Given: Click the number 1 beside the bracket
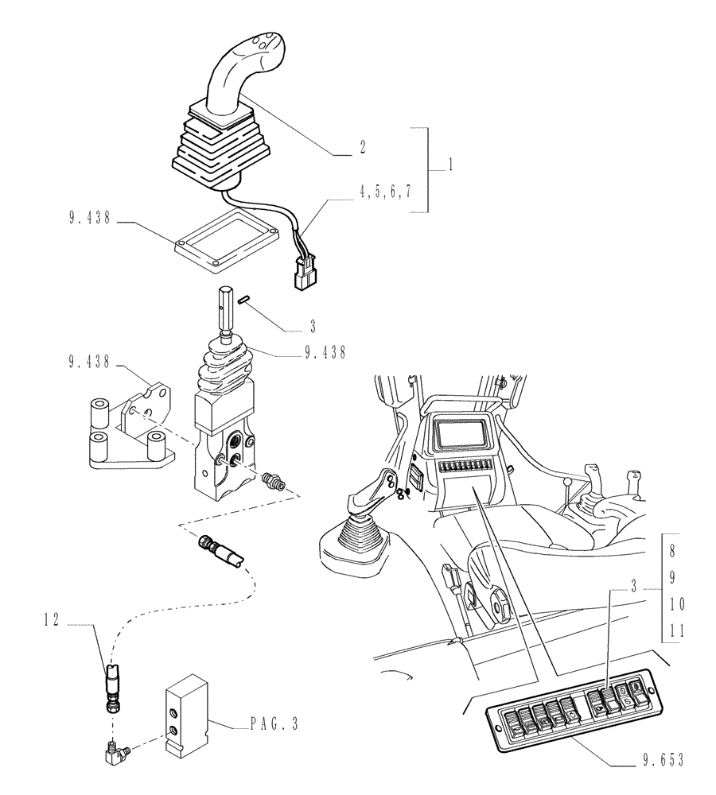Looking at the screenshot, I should coord(451,166).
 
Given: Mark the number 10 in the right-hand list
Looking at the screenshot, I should coord(676,604).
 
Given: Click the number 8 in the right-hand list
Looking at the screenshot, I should coord(672,550).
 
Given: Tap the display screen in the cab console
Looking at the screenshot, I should coord(461,436).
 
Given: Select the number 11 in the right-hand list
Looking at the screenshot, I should coord(676,630).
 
